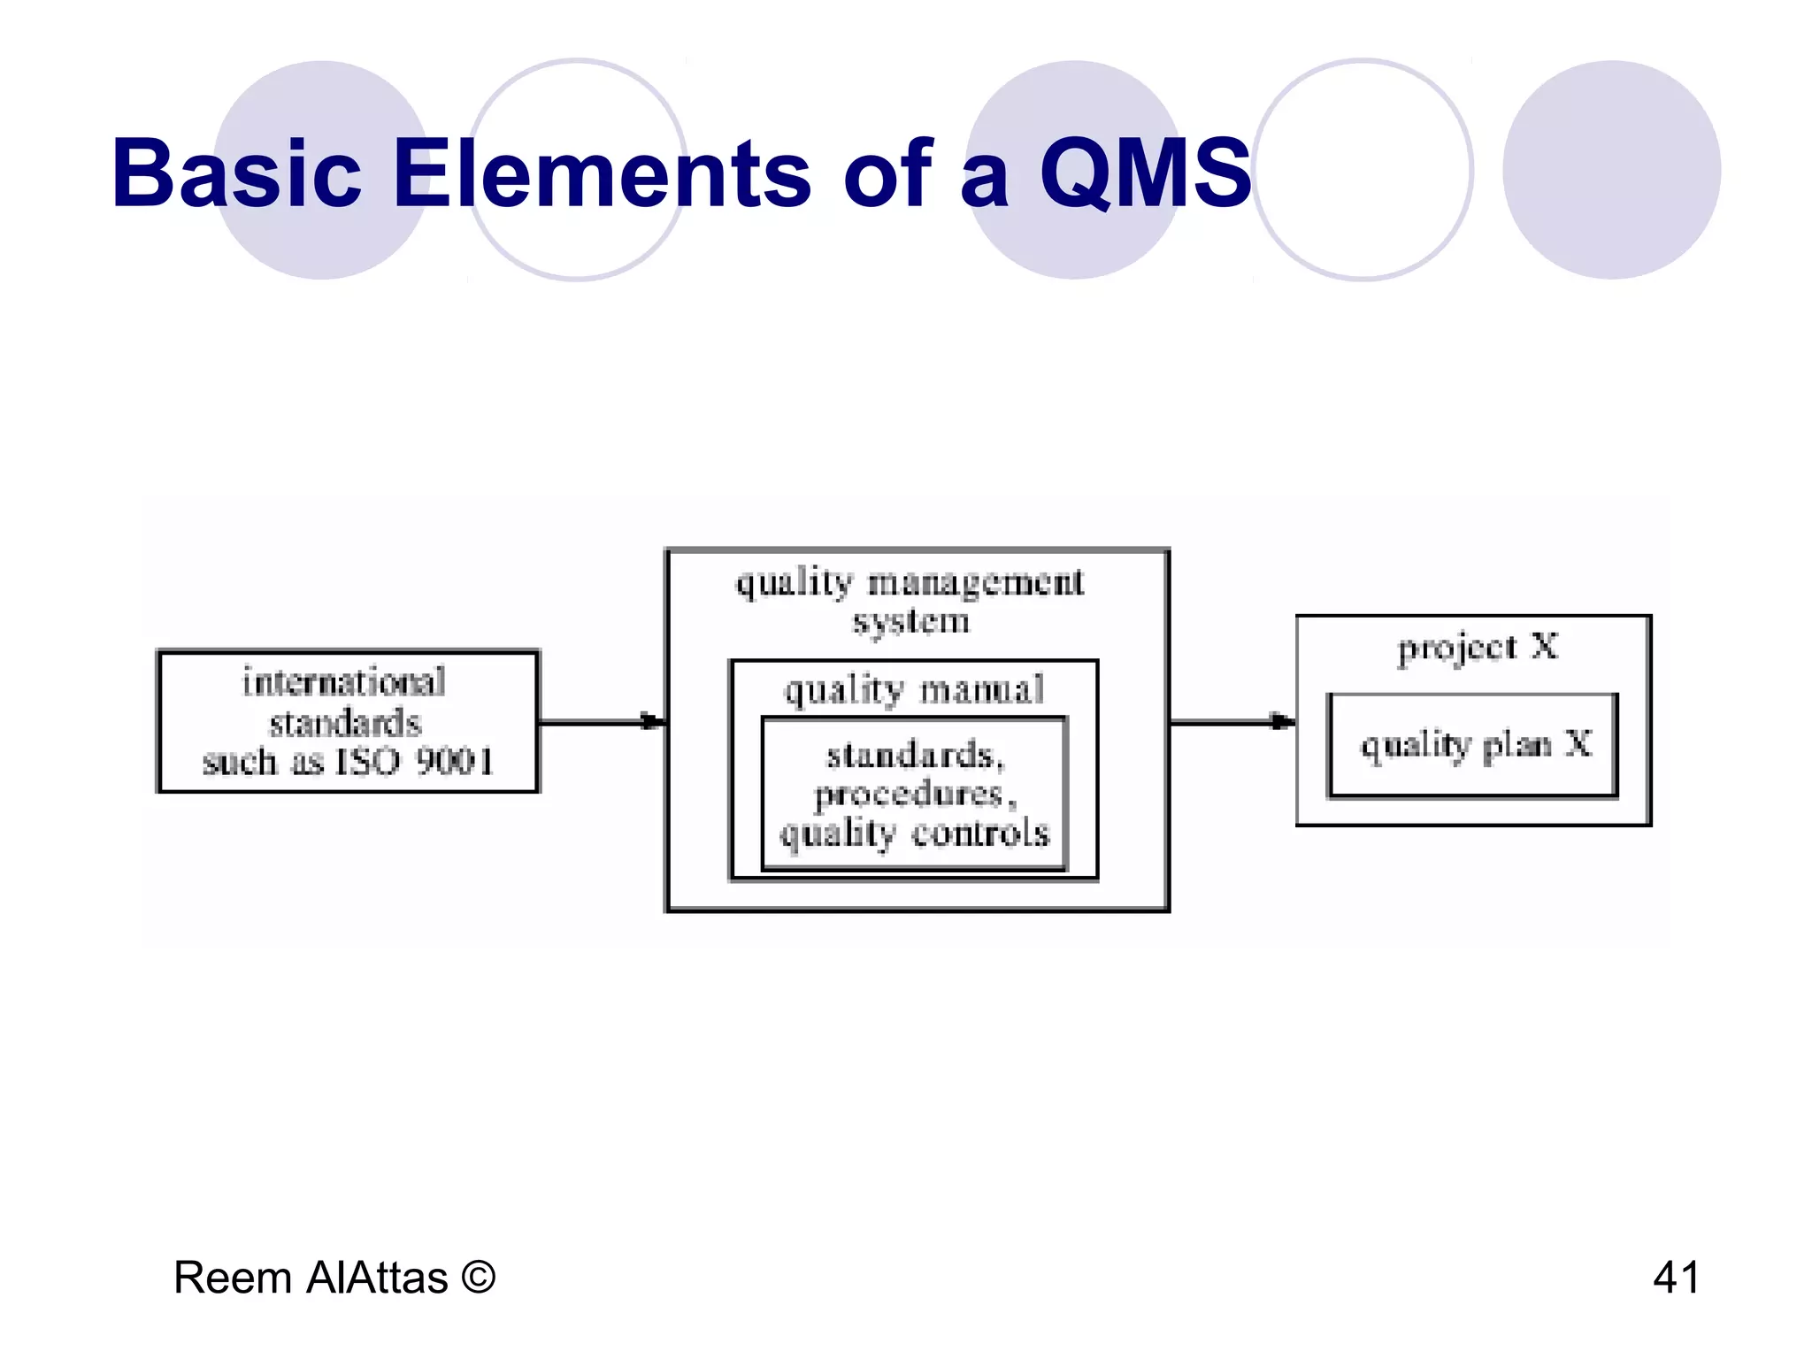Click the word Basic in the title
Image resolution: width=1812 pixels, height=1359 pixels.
pyautogui.click(x=236, y=173)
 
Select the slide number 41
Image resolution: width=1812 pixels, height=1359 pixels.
pyautogui.click(x=1676, y=1278)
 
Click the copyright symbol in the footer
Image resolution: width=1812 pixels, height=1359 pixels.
pyautogui.click(x=478, y=1278)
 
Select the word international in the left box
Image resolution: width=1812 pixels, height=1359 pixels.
pyautogui.click(x=344, y=682)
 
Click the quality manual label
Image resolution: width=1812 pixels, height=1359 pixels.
pyautogui.click(x=914, y=690)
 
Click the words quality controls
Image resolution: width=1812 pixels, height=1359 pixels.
pyautogui.click(x=915, y=834)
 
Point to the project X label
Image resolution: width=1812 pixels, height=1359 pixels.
pyautogui.click(x=1477, y=648)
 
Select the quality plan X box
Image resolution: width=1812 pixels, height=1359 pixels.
pyautogui.click(x=1474, y=746)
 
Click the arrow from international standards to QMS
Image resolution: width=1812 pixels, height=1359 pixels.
pyautogui.click(x=602, y=722)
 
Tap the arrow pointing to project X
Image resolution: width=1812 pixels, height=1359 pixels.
pyautogui.click(x=1232, y=722)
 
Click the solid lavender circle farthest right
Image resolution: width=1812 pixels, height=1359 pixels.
pyautogui.click(x=1611, y=170)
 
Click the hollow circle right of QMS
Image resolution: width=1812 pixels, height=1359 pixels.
pyautogui.click(x=1363, y=170)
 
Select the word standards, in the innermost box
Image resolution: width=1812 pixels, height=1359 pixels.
pyautogui.click(x=915, y=756)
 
